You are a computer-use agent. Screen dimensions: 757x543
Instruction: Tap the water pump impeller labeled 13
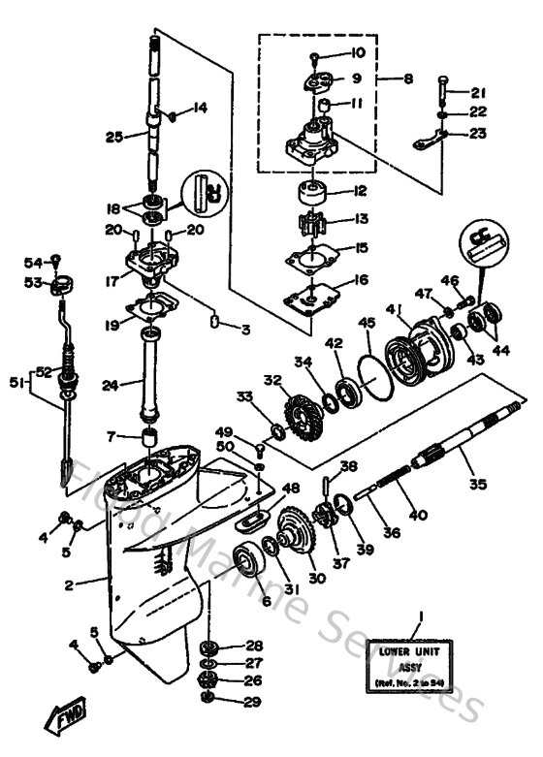pos(314,220)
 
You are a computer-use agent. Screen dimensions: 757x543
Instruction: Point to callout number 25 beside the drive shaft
pos(114,138)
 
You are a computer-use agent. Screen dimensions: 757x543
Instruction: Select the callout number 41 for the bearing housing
pos(394,310)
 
